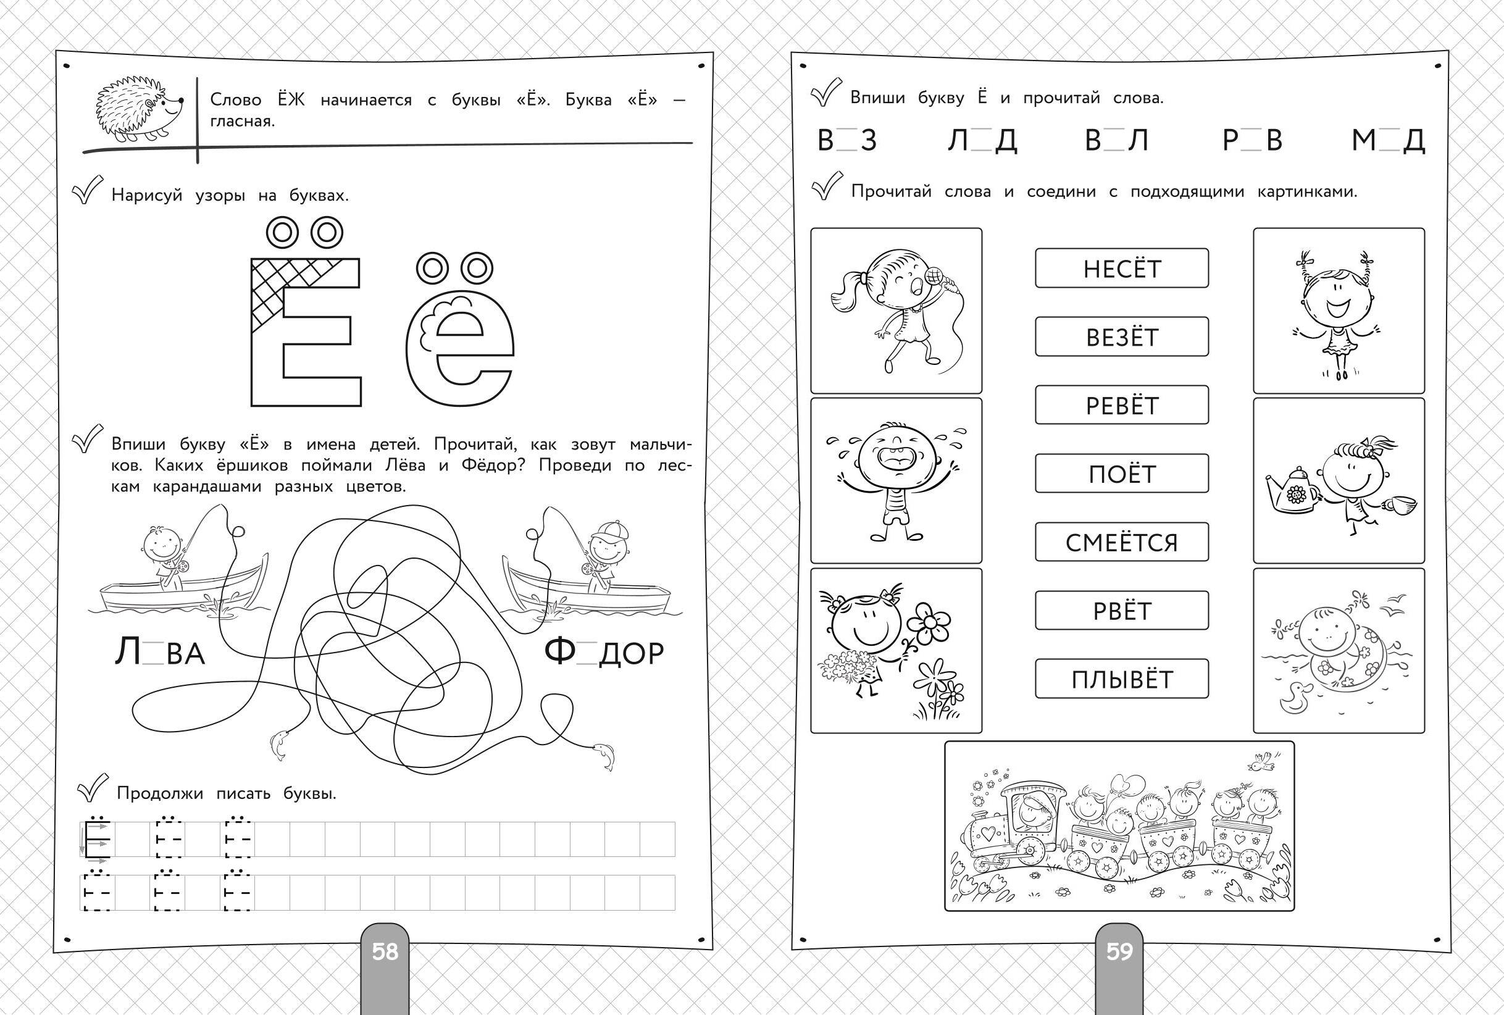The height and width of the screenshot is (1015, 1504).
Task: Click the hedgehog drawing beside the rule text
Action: click(x=139, y=109)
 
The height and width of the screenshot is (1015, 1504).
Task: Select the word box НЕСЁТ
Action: click(x=1122, y=268)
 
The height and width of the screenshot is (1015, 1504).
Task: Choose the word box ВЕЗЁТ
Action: click(x=1122, y=336)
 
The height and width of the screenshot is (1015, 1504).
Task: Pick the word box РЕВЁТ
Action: click(x=1122, y=405)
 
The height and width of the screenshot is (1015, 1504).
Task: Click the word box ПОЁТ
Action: click(x=1122, y=474)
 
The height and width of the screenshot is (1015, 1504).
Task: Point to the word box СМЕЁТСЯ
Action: click(x=1122, y=543)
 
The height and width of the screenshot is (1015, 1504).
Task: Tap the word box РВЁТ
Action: click(x=1122, y=611)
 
